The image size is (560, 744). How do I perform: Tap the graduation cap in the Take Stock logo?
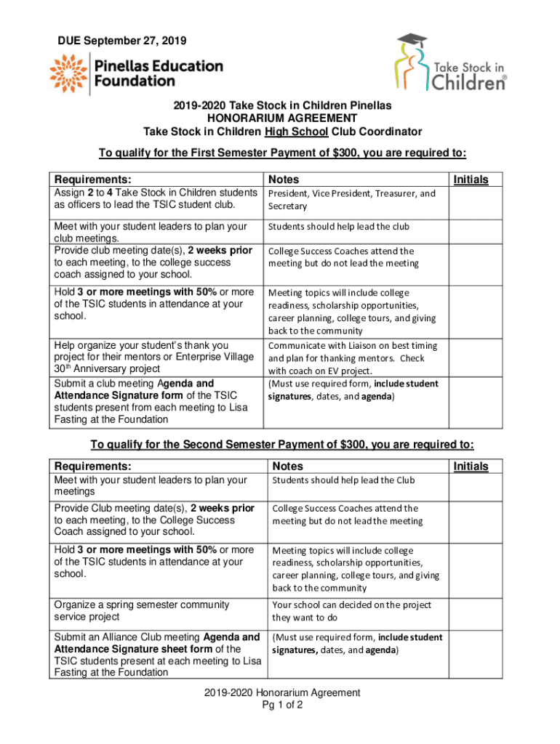[412, 41]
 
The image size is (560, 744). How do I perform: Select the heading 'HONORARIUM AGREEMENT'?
[282, 118]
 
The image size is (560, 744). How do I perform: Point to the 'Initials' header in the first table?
[471, 179]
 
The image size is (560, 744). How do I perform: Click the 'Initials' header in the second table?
[471, 466]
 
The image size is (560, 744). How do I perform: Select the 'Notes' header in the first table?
[284, 179]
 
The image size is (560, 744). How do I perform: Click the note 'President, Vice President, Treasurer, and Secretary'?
[351, 200]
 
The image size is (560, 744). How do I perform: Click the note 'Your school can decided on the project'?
[351, 604]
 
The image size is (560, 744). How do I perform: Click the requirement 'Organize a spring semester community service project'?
[142, 610]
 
